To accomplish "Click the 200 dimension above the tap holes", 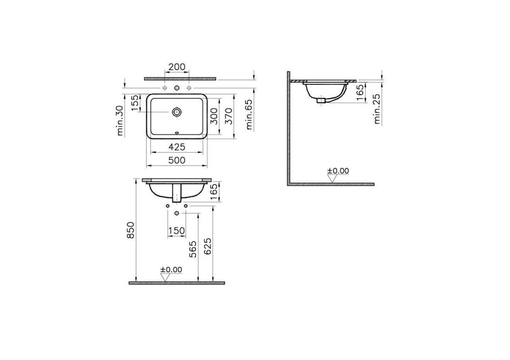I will click(x=177, y=67).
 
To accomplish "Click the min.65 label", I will click(x=249, y=113).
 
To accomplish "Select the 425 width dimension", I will click(x=177, y=147).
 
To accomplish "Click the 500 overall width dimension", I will click(x=177, y=160).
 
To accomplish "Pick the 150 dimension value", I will click(x=177, y=230).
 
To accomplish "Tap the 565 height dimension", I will click(x=193, y=249).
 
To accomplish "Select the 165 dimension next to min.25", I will click(x=360, y=93).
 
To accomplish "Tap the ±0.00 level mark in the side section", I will click(x=338, y=171).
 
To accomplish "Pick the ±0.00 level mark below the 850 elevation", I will click(x=171, y=269).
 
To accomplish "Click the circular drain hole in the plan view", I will click(x=177, y=112).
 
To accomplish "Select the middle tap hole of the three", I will click(x=177, y=88).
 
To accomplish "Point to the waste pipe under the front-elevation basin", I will click(x=177, y=194).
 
